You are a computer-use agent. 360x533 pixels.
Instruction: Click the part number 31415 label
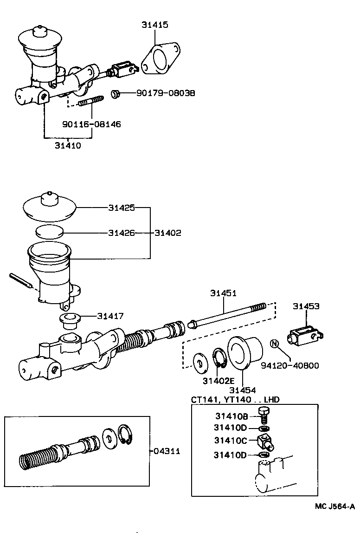155,25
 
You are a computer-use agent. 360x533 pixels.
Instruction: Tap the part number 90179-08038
166,93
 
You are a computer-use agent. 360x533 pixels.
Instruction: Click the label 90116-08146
91,124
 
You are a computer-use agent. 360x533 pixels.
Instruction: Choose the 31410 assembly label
68,145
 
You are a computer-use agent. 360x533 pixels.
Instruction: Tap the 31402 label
168,233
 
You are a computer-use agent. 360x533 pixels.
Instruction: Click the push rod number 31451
223,293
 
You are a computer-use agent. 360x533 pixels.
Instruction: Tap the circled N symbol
274,344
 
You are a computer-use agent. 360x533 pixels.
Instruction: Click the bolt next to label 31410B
265,415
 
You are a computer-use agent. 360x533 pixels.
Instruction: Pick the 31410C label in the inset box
231,440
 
